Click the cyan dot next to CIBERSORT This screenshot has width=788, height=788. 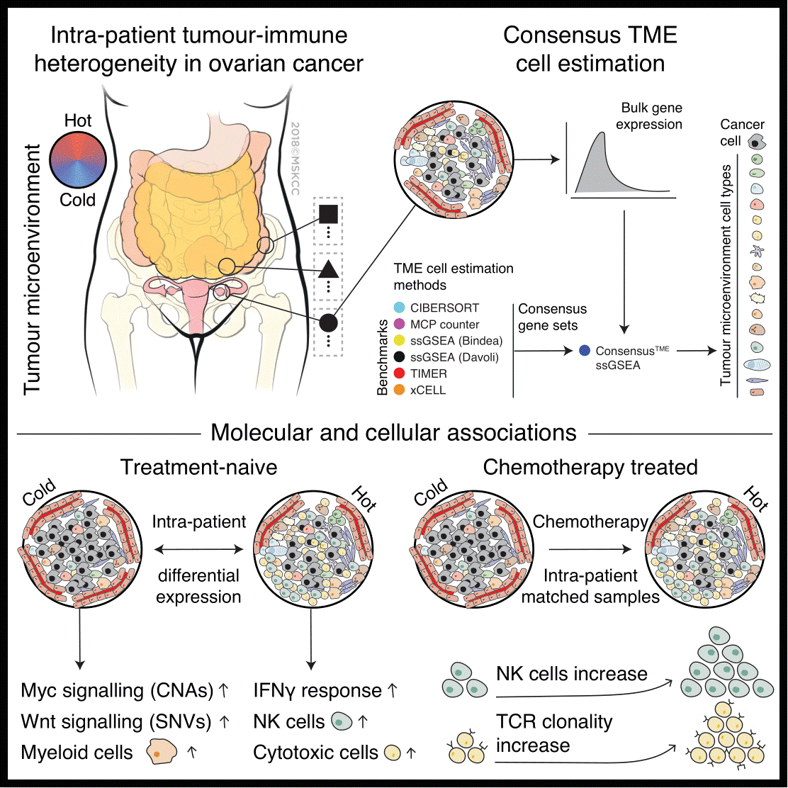[x=399, y=308]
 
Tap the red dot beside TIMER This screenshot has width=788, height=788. [x=399, y=373]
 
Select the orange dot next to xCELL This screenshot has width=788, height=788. [x=399, y=390]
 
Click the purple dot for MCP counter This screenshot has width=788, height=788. [x=399, y=325]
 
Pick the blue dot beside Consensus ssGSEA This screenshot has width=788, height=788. [x=584, y=350]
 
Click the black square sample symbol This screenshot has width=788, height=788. [x=327, y=213]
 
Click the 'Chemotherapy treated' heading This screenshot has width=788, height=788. [x=590, y=468]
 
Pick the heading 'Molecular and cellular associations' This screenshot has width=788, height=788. [x=393, y=431]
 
